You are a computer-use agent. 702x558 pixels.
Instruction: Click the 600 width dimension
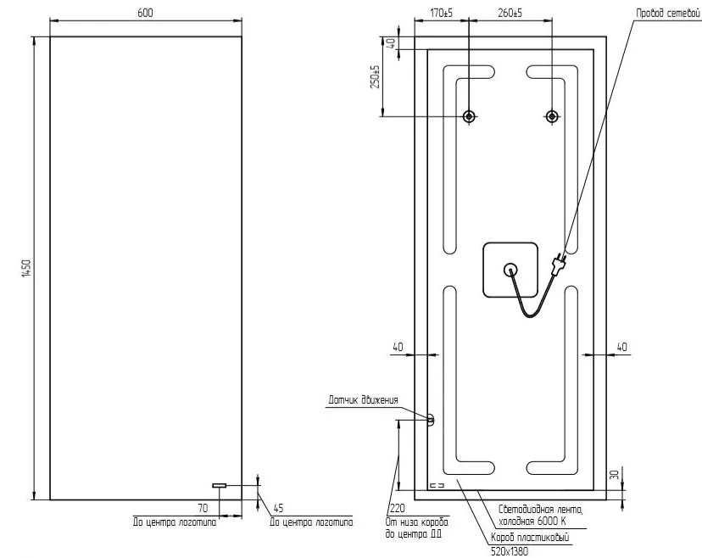coord(145,13)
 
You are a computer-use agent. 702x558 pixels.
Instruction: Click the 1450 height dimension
coord(26,268)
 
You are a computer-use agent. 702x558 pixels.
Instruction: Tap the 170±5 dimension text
coord(442,13)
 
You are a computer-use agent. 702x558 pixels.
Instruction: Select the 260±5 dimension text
coord(510,13)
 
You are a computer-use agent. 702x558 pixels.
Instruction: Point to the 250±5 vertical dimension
coord(376,76)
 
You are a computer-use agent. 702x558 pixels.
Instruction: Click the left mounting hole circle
coord(469,116)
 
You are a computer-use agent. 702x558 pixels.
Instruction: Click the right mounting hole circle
coord(552,116)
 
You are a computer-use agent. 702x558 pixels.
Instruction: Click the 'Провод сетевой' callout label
coord(667,14)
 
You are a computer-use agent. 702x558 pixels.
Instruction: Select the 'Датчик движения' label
coord(363,400)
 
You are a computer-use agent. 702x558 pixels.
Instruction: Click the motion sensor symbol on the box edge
coord(431,420)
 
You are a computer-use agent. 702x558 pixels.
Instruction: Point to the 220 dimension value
coord(397,508)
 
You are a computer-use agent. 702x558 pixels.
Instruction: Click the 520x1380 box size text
coord(510,552)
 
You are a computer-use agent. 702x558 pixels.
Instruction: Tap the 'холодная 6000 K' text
coord(532,522)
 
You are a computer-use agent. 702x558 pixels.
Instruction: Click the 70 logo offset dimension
coord(203,508)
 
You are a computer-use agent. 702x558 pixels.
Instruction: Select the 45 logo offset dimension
coord(278,508)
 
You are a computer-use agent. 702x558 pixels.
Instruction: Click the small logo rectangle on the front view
coord(220,485)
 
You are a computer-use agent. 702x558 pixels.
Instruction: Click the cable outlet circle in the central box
coord(510,270)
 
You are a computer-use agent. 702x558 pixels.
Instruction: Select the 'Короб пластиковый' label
coord(530,538)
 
